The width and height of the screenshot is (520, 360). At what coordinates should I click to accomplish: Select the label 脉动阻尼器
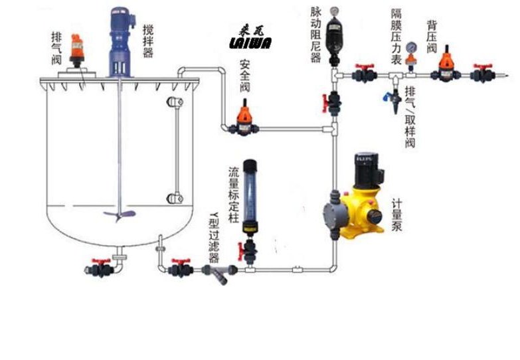coord(316,35)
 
